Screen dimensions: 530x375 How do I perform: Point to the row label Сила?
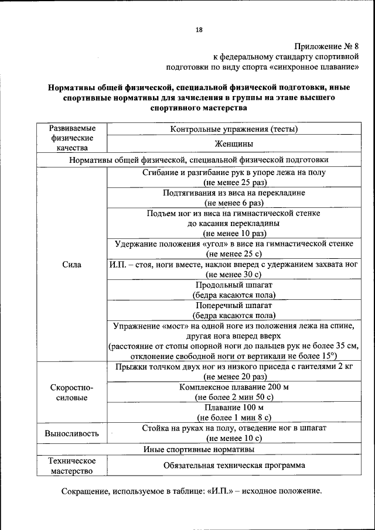pyautogui.click(x=71, y=265)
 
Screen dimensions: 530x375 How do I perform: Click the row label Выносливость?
pyautogui.click(x=71, y=433)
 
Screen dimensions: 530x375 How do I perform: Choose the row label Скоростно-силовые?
pyautogui.click(x=71, y=392)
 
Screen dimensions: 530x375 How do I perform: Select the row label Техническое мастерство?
pyautogui.click(x=71, y=466)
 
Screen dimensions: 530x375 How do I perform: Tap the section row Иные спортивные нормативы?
pyautogui.click(x=199, y=449)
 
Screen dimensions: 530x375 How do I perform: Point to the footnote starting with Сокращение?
pyautogui.click(x=192, y=491)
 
